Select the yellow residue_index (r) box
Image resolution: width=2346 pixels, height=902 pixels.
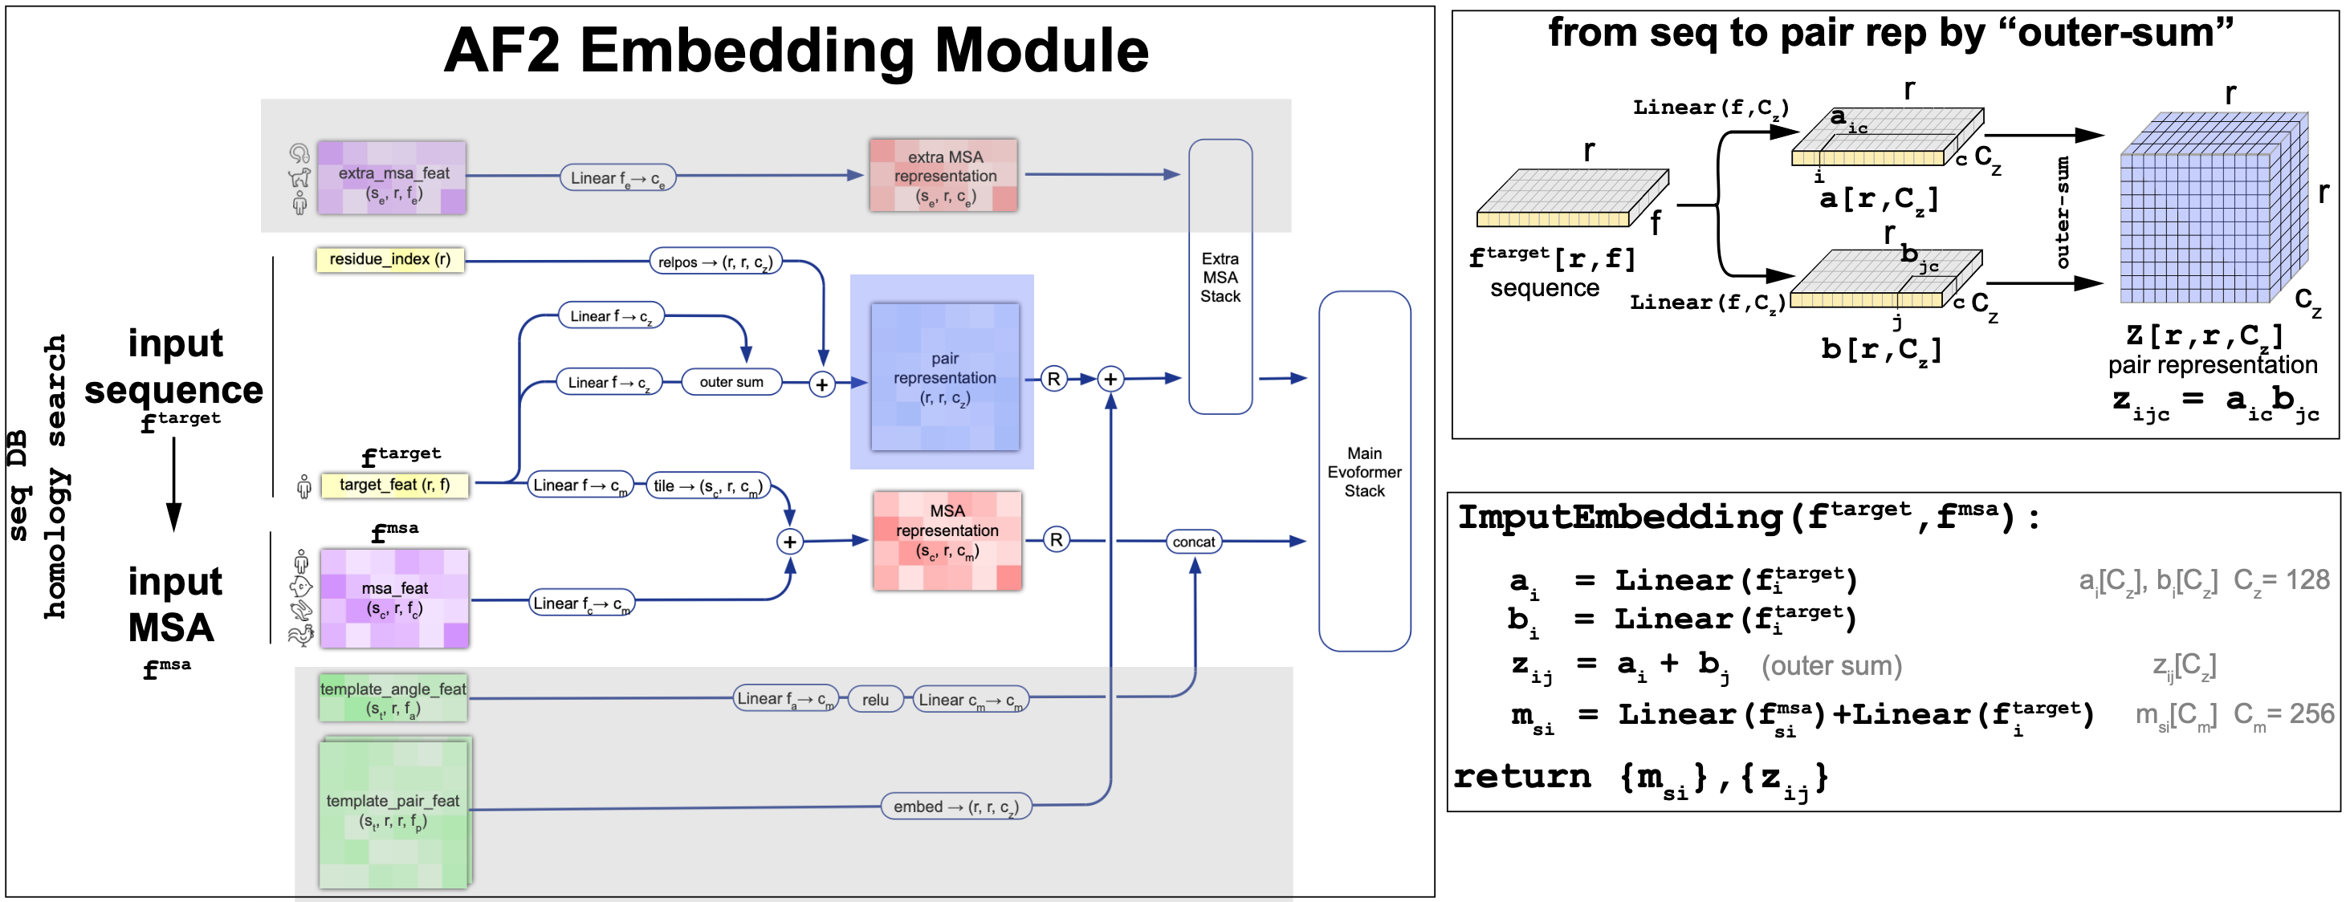point(389,259)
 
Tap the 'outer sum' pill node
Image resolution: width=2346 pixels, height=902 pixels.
point(731,382)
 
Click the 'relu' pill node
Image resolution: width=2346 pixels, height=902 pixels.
point(874,699)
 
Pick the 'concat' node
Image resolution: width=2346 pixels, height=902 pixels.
point(1193,542)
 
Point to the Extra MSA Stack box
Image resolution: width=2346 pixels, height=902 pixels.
point(1220,277)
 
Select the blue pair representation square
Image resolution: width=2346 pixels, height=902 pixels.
point(944,377)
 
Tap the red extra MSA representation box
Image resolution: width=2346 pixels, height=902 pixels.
point(943,176)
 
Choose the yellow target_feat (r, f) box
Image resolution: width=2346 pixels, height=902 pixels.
point(394,486)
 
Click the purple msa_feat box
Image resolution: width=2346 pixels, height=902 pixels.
point(394,598)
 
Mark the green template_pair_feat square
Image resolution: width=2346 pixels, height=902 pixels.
point(393,813)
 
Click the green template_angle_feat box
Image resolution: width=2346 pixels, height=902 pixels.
point(393,698)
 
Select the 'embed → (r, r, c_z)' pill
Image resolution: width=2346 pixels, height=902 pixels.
point(955,807)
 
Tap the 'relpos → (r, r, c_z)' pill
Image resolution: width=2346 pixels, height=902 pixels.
point(715,262)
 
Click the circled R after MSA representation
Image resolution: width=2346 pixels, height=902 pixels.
point(1056,540)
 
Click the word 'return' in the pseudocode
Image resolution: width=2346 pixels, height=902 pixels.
point(1521,776)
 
